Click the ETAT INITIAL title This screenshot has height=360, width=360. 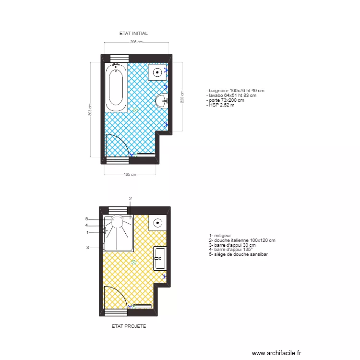click(x=133, y=34)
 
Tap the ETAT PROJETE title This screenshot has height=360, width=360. click(x=129, y=326)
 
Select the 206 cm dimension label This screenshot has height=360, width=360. click(x=136, y=42)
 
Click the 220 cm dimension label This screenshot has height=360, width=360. click(x=182, y=96)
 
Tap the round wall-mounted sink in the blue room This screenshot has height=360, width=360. click(x=161, y=100)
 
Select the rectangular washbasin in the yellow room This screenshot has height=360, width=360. click(x=159, y=258)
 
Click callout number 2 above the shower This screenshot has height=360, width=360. click(x=130, y=199)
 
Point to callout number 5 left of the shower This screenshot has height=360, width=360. click(x=87, y=218)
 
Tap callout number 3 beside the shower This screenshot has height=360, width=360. click(x=87, y=248)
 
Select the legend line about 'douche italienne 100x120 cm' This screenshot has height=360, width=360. click(x=242, y=240)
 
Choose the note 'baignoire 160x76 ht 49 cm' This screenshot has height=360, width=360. click(x=235, y=91)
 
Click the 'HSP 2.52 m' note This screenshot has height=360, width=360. click(x=220, y=105)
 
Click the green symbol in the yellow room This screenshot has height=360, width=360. click(x=134, y=262)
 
